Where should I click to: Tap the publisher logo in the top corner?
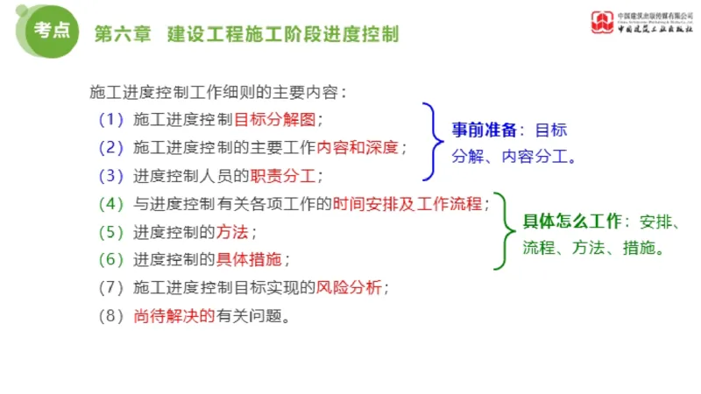(603, 21)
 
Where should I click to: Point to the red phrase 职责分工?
(281, 175)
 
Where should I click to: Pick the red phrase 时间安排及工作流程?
(407, 204)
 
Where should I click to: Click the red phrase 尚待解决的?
(174, 315)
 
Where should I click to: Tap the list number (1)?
(112, 119)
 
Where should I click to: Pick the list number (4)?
(112, 204)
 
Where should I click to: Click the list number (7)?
(112, 287)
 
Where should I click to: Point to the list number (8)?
(112, 315)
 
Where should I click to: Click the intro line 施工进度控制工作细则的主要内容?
(217, 90)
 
